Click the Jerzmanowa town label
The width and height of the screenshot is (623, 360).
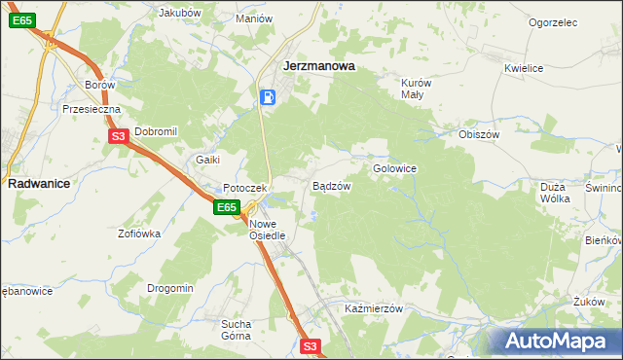(317, 66)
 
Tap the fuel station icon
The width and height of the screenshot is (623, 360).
(269, 97)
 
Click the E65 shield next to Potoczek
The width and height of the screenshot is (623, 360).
(227, 207)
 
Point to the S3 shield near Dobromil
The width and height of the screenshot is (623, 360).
(118, 137)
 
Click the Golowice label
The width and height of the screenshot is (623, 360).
(394, 168)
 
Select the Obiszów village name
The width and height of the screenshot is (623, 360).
(478, 134)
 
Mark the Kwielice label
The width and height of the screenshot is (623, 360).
(523, 68)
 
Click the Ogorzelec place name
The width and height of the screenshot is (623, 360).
(553, 22)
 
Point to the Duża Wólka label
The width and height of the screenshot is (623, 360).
(554, 192)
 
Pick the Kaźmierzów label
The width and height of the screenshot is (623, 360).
(374, 308)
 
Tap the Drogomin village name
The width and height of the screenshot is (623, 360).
(170, 288)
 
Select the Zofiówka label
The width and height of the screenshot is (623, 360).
(139, 234)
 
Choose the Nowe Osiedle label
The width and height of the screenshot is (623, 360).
(267, 229)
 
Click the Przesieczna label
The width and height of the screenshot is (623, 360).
(91, 110)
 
